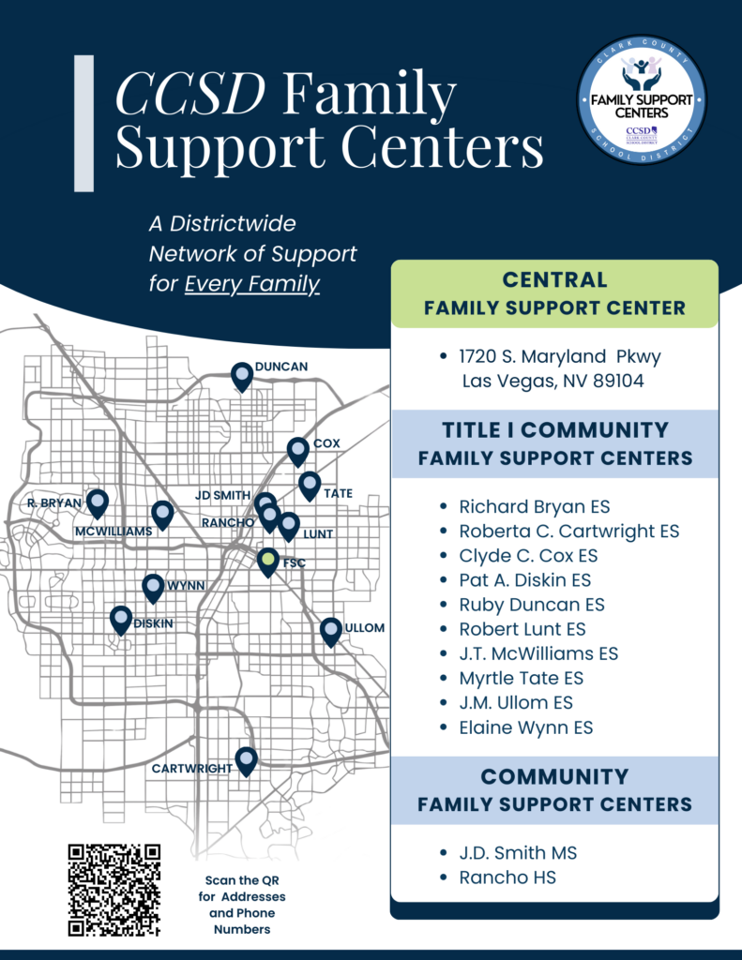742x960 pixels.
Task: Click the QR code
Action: (x=114, y=890)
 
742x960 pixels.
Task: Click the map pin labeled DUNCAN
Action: (x=242, y=376)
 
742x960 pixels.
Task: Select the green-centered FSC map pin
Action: (x=268, y=562)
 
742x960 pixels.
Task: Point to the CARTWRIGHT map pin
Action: (x=246, y=760)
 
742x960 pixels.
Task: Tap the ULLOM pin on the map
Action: (x=330, y=631)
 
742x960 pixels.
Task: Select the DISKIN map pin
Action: (x=120, y=620)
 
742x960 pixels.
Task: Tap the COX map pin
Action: (x=297, y=451)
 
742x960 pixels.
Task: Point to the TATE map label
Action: (x=338, y=492)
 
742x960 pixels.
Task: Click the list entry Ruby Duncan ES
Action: (x=532, y=605)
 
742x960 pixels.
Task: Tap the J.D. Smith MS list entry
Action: (x=518, y=853)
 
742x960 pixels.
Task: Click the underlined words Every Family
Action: (x=252, y=283)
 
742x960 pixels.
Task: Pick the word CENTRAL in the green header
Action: (x=554, y=279)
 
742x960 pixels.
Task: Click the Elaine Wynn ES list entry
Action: (x=525, y=727)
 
